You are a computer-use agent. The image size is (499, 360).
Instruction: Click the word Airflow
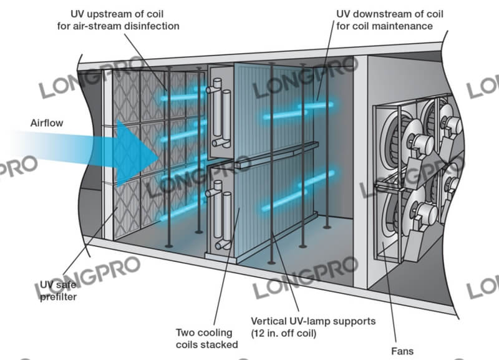[47, 122]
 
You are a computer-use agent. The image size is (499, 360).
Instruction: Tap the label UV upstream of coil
[119, 13]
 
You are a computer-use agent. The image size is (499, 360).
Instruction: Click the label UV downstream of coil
[380, 13]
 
